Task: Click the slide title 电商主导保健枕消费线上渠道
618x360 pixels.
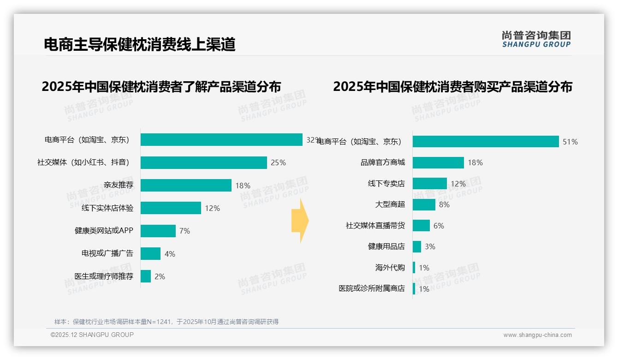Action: tap(140, 44)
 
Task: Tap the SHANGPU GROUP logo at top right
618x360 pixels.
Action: tap(536, 39)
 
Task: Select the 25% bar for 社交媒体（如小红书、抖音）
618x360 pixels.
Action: tap(203, 162)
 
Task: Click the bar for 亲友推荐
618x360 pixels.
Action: tap(186, 185)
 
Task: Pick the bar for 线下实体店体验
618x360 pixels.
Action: tap(171, 208)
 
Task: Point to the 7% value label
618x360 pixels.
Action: tap(184, 231)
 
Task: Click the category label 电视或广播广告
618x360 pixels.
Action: tap(107, 253)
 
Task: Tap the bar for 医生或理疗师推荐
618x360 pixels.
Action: tap(146, 276)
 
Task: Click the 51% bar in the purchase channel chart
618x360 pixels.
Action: tap(485, 142)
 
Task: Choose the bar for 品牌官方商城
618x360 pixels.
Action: tap(438, 162)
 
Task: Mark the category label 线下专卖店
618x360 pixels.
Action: tap(386, 184)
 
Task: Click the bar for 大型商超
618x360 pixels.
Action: tap(424, 204)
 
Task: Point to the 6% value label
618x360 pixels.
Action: tap(439, 226)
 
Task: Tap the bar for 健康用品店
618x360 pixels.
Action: tap(417, 246)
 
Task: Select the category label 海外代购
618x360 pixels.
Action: tap(390, 268)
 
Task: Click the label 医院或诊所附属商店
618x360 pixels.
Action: tap(372, 288)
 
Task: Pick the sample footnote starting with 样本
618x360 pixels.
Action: tap(166, 322)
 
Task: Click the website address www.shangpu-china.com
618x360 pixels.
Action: tap(537, 335)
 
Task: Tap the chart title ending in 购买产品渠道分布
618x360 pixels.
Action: tap(452, 87)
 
